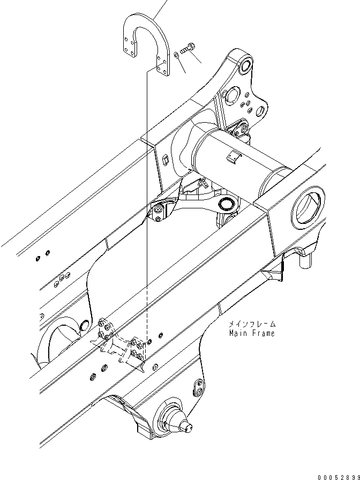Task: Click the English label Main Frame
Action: click(251, 333)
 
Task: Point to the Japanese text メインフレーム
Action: click(251, 324)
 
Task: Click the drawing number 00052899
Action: click(337, 475)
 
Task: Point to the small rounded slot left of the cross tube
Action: click(166, 161)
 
